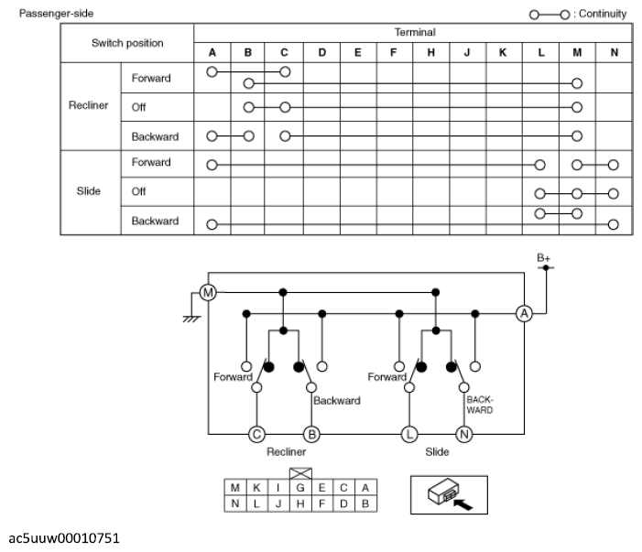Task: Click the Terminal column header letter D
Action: click(x=321, y=52)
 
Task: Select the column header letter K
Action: click(x=503, y=52)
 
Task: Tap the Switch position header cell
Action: click(x=127, y=43)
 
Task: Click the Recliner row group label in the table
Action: click(x=89, y=105)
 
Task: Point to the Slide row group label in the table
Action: click(x=89, y=191)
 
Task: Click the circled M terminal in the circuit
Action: click(x=208, y=293)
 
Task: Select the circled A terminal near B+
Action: click(x=524, y=314)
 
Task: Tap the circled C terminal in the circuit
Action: click(x=256, y=434)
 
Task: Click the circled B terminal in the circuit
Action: click(x=311, y=434)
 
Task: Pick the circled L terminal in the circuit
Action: click(x=409, y=434)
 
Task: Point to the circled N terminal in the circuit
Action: click(x=464, y=434)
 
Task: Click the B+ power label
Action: click(x=544, y=258)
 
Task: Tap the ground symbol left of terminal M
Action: click(x=191, y=319)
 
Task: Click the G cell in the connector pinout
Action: click(x=300, y=488)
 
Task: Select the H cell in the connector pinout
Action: click(x=300, y=503)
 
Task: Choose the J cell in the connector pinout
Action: click(x=278, y=503)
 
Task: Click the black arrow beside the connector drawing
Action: click(x=463, y=504)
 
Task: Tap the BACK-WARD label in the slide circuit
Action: click(x=480, y=405)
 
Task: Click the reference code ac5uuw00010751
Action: click(x=64, y=538)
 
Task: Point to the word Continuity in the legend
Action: click(x=603, y=14)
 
